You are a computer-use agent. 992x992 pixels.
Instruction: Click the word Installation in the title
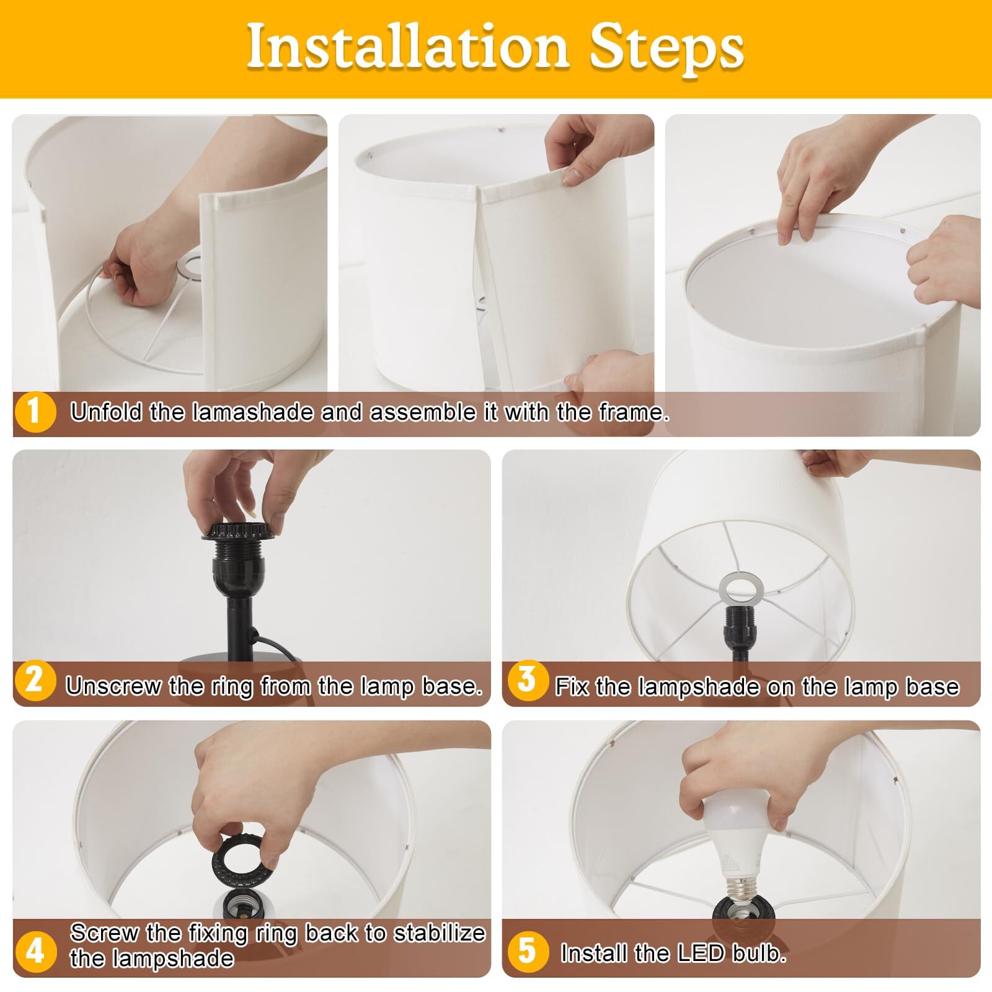407,48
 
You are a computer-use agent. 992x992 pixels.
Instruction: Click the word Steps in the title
666,48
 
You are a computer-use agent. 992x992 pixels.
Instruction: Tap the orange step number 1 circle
34,412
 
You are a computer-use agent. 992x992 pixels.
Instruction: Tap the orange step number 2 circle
35,681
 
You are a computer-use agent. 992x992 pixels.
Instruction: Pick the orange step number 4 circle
35,950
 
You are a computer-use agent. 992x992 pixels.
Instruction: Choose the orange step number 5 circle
528,950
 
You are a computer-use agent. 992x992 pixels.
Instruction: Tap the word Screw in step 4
104,932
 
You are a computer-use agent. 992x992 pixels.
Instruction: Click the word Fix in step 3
572,686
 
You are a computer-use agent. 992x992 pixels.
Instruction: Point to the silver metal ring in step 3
742,588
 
